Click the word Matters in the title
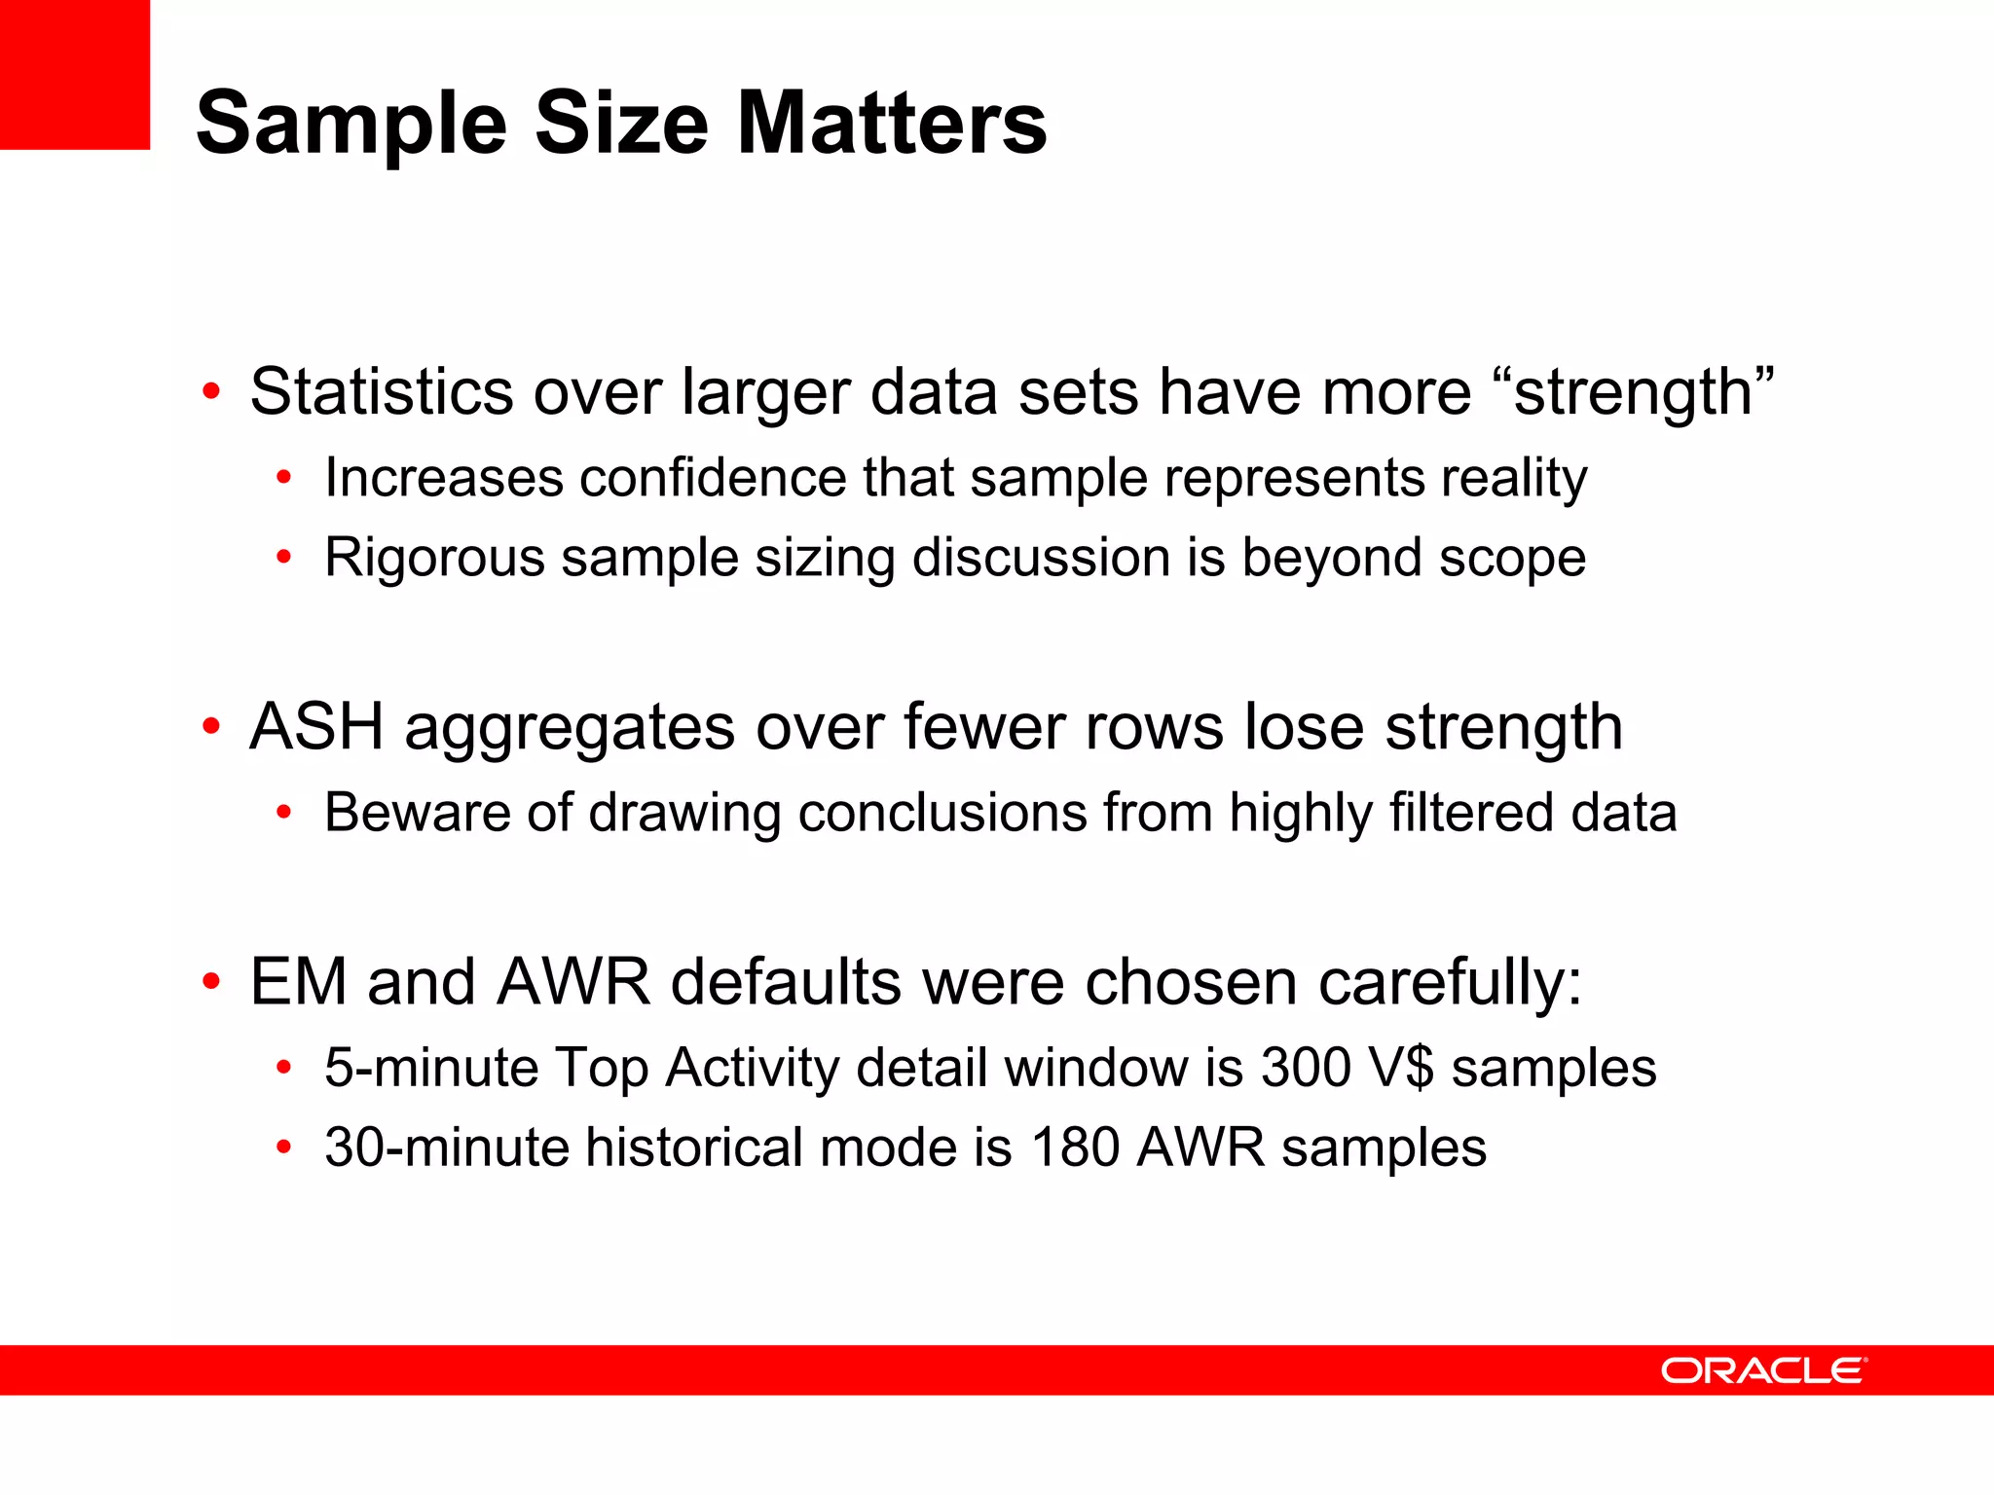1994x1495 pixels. (891, 124)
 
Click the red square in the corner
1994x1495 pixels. (74, 74)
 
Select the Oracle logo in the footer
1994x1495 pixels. (1763, 1370)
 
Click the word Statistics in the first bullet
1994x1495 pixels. (381, 392)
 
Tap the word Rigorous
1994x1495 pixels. (434, 558)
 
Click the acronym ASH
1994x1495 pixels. (316, 727)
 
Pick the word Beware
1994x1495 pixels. (418, 813)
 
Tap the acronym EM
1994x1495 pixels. (298, 982)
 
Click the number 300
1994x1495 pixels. (1305, 1068)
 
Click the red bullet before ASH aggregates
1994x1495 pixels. (211, 727)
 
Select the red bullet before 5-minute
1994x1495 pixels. (283, 1068)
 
